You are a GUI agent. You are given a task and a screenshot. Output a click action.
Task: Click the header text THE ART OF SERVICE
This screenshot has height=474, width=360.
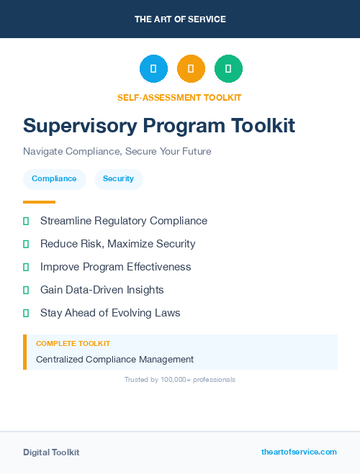pos(180,19)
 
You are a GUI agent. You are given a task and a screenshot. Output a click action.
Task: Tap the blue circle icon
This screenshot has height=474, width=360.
pos(153,69)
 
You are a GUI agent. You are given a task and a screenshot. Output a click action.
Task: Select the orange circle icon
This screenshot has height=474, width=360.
pos(191,69)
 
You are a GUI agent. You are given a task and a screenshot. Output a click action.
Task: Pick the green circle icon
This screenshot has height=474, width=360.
pos(228,69)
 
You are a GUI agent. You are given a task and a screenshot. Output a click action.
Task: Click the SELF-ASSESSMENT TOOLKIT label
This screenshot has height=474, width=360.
pos(179,97)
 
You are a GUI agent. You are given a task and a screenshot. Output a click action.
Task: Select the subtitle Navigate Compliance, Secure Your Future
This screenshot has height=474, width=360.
pos(117,152)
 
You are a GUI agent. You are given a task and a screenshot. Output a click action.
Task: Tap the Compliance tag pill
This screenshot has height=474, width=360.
pos(54,179)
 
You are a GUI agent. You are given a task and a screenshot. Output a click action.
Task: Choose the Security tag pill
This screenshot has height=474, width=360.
pos(118,179)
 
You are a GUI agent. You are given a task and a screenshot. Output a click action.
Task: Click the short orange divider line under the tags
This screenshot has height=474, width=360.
pos(39,202)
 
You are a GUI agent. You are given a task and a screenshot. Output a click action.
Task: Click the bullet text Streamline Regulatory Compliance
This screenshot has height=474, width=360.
pos(123,221)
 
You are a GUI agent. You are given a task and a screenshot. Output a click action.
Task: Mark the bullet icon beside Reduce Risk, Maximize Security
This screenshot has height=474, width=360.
pos(26,244)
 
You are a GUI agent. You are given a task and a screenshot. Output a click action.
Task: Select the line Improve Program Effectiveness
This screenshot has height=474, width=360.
pos(115,267)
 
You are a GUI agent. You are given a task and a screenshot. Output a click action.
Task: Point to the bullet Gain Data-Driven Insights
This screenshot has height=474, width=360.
pos(102,290)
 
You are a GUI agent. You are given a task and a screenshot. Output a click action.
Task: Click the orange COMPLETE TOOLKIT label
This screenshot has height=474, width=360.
pos(73,344)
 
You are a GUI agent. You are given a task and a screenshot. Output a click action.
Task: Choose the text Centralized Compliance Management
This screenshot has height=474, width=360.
pos(114,359)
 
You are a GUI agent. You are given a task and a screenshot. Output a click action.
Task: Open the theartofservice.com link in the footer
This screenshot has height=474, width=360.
pos(299,452)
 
